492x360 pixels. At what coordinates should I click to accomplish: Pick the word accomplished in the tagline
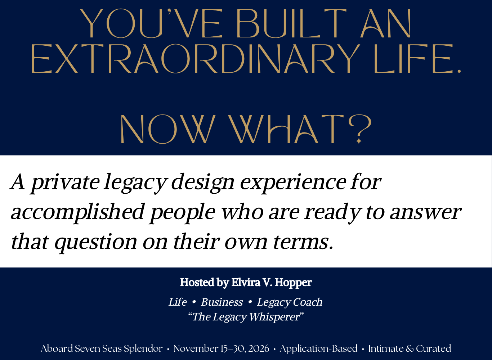click(x=77, y=212)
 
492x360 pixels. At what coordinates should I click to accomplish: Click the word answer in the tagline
click(x=425, y=212)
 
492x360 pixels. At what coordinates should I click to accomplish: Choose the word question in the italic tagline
click(x=96, y=242)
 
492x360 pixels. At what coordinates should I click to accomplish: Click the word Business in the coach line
click(x=222, y=302)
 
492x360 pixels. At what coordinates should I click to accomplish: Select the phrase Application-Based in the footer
click(x=318, y=349)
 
